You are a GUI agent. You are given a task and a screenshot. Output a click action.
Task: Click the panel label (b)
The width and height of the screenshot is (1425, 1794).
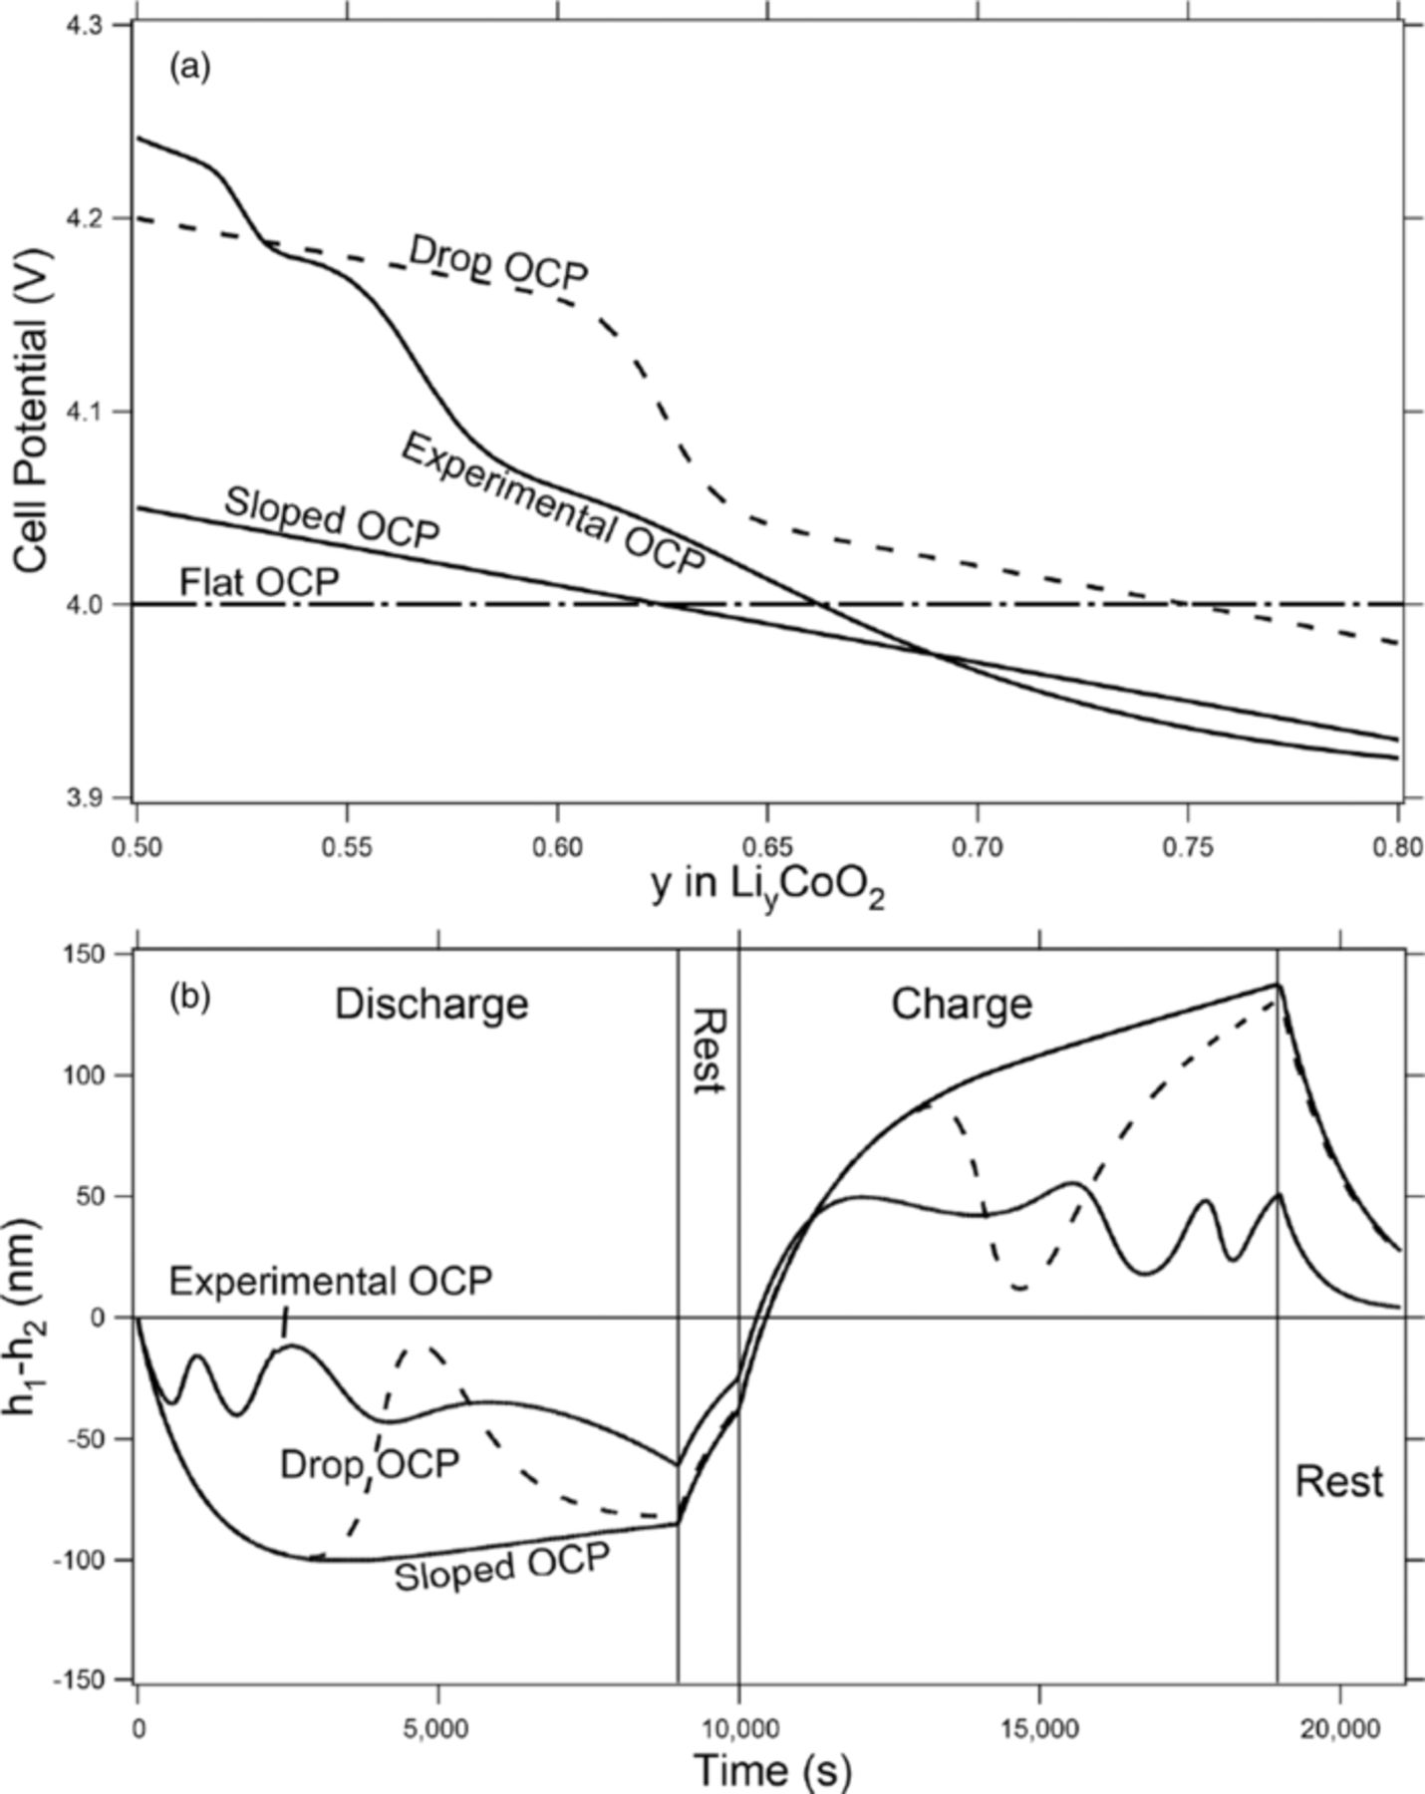tap(189, 996)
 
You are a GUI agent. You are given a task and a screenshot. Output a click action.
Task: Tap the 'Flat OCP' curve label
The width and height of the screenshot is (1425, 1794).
tap(259, 582)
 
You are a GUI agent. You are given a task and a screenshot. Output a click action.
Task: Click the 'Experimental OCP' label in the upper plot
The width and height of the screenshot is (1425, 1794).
tap(553, 503)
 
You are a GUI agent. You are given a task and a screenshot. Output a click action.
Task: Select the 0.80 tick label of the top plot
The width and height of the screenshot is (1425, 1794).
tap(1397, 848)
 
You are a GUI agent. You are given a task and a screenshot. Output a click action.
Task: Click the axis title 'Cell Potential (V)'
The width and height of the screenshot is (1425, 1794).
tap(32, 409)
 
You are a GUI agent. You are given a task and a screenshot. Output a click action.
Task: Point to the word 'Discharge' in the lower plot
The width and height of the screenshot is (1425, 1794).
tap(430, 1004)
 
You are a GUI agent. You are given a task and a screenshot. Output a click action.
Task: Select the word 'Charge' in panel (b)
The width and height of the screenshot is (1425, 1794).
tap(961, 1004)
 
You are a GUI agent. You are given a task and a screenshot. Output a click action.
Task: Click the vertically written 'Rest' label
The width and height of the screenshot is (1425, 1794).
tap(709, 1050)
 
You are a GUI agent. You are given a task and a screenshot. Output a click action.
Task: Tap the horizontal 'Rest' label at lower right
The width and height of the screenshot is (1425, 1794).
tap(1338, 1482)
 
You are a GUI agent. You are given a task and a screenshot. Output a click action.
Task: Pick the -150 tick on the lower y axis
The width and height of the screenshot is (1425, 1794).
tap(90, 1679)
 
